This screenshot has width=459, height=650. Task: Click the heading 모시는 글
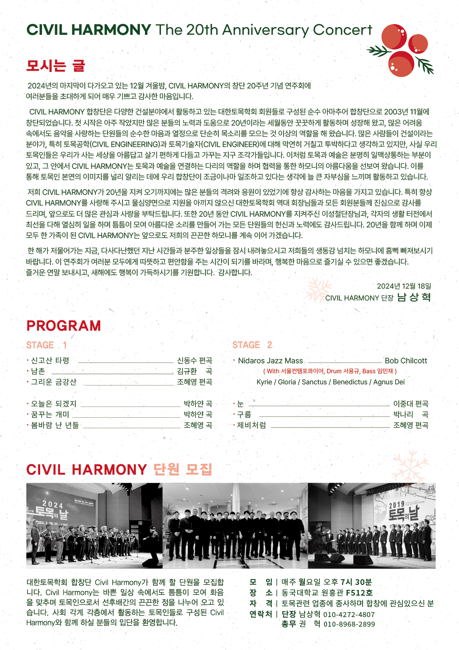(55, 66)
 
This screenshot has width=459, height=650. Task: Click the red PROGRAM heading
(63, 326)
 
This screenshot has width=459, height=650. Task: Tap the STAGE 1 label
(46, 345)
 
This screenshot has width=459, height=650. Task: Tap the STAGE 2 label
(252, 345)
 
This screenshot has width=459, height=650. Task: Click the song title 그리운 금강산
(54, 382)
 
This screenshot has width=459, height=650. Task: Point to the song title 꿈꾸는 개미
(50, 415)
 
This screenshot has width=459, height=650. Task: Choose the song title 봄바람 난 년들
(55, 425)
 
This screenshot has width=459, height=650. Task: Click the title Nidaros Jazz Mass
(270, 361)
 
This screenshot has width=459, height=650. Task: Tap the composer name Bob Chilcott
(406, 361)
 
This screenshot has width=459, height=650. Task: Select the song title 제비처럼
(251, 425)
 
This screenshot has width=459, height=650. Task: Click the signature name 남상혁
(414, 297)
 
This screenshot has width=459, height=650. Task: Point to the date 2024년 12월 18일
(404, 286)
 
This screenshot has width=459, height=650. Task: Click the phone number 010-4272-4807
(349, 615)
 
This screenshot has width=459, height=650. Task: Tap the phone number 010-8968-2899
(349, 624)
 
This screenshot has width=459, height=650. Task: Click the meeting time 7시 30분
(356, 582)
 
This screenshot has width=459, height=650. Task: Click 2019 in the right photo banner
(397, 506)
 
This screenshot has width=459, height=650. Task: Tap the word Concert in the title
(342, 30)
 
